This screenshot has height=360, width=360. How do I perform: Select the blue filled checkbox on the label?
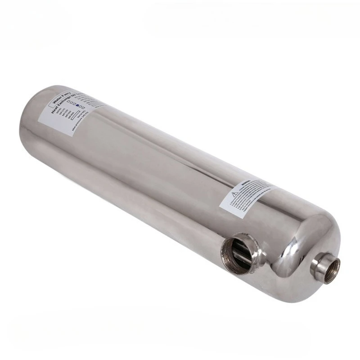tap(77, 105)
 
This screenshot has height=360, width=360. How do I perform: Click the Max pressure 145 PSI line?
tap(80, 124)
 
